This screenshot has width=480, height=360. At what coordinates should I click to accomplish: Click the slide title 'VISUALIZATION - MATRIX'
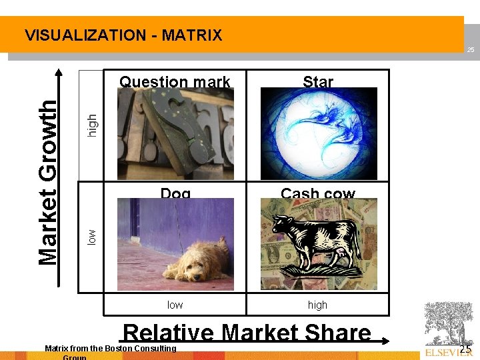coord(123,35)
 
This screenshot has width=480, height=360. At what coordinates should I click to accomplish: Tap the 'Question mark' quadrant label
coord(175,82)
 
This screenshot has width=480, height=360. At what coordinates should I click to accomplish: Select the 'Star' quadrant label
coord(317,82)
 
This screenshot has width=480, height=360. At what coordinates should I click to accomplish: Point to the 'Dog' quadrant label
coord(175,194)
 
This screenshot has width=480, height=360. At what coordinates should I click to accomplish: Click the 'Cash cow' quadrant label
coord(317,194)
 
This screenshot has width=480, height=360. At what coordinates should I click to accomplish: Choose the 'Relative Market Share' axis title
coord(247,333)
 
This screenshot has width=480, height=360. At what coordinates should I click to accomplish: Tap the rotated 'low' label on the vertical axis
coord(93,236)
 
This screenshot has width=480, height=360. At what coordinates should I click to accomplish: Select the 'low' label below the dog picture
coord(175,305)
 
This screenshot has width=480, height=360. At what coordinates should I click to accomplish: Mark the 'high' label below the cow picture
coord(317,305)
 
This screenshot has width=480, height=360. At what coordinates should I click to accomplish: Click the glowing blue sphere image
coord(318,134)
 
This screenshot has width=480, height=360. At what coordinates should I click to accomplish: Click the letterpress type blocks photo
coord(175,134)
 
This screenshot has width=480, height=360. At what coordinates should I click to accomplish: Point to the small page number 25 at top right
coord(470,50)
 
